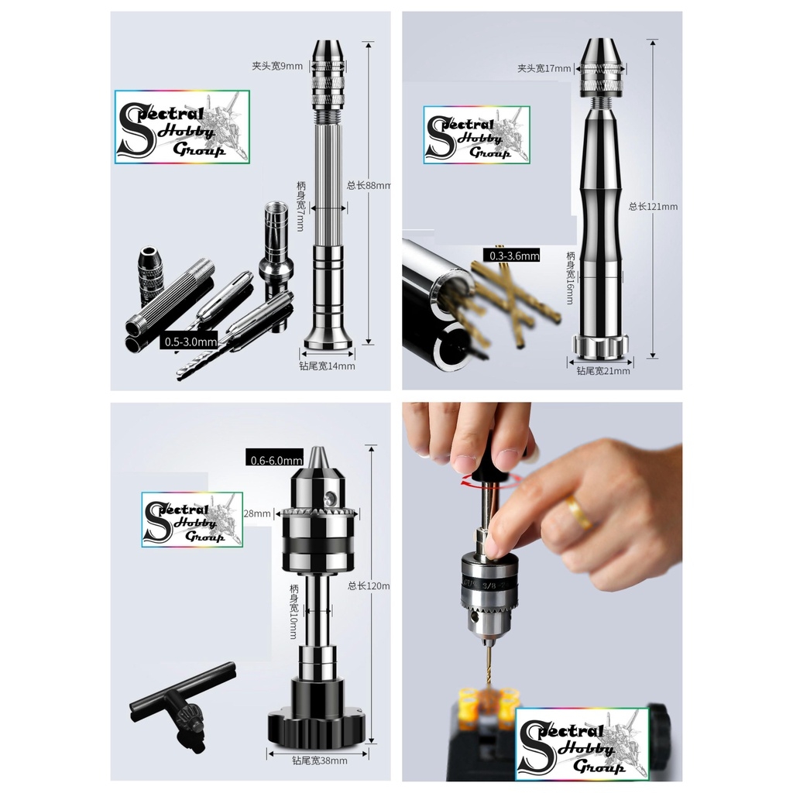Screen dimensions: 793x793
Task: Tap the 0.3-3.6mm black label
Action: coord(511,256)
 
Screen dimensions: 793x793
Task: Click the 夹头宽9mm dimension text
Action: coord(278,67)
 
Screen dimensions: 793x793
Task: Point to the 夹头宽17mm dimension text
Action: coord(544,69)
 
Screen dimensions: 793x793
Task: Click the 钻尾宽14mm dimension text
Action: coord(327,366)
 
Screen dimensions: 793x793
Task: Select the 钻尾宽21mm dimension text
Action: coord(602,371)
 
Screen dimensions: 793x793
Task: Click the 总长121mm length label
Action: coord(654,207)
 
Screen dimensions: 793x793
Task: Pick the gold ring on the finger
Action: coord(577,512)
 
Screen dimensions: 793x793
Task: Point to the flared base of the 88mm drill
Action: coord(328,337)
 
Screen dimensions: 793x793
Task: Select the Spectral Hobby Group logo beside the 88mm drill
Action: coord(182,127)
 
